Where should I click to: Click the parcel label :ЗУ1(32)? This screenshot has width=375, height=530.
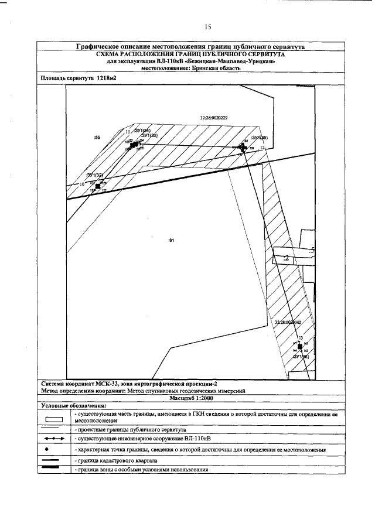click(x=94, y=176)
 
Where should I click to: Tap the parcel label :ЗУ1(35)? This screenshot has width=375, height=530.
click(x=259, y=138)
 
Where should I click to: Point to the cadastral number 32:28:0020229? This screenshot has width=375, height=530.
click(x=213, y=118)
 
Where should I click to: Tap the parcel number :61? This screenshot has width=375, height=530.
click(x=172, y=240)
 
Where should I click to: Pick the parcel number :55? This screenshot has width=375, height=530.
click(x=97, y=137)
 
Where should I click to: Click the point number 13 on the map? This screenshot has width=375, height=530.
click(x=300, y=338)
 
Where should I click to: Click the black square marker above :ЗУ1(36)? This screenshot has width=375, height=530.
click(x=300, y=347)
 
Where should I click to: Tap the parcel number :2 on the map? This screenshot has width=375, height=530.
click(x=286, y=258)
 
